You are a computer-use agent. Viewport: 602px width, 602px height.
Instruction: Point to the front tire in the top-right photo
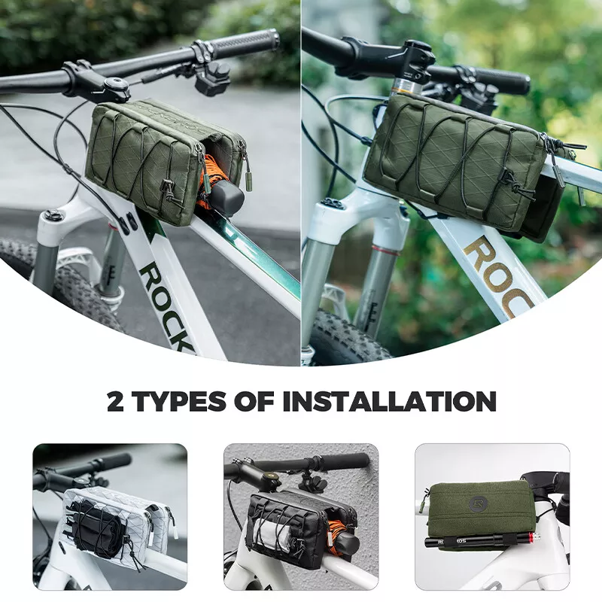coord(342,339)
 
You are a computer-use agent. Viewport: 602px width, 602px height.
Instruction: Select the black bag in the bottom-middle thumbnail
coord(290,527)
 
